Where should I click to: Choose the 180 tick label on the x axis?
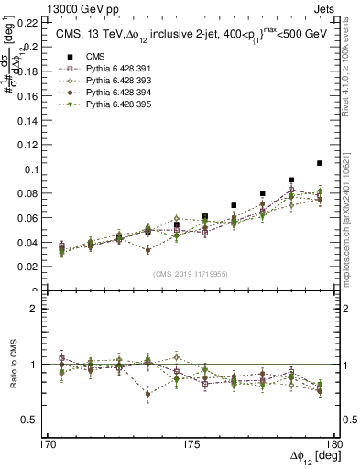click(334, 443)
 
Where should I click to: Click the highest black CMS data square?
click(320, 163)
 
